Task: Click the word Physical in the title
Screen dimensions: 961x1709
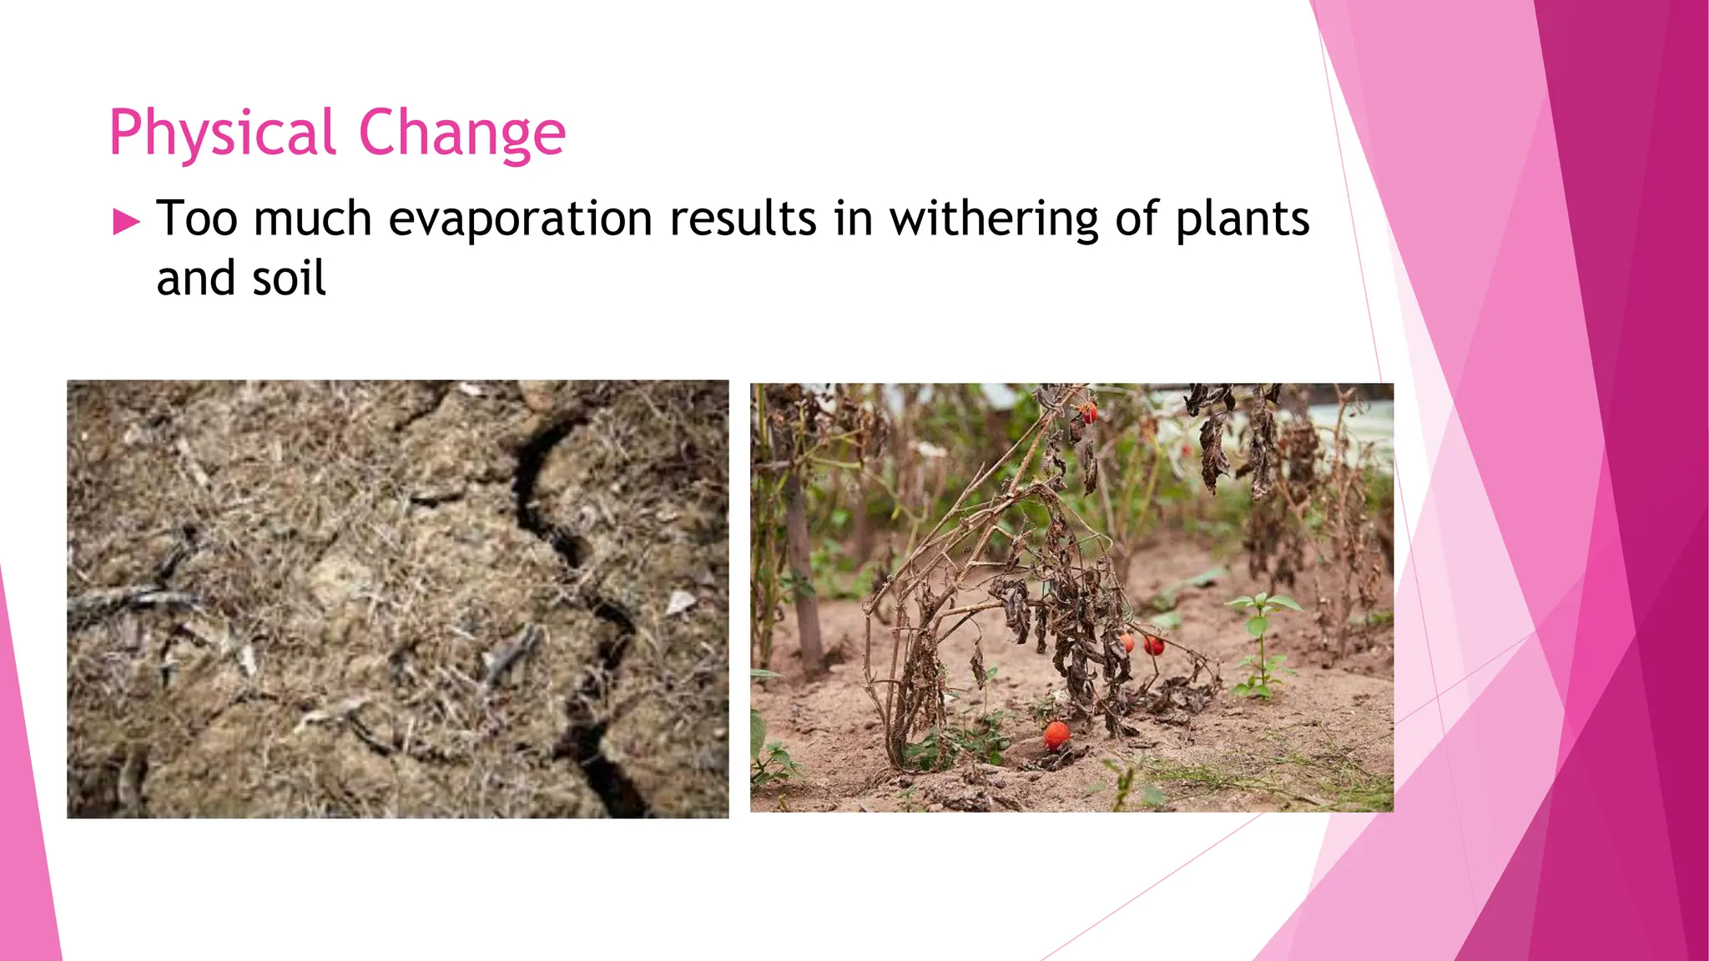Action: [222, 133]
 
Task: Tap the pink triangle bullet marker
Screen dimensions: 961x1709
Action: [127, 222]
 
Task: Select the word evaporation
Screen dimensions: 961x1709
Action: [520, 219]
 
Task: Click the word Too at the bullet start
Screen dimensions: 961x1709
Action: [197, 219]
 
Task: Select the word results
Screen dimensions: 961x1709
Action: [743, 219]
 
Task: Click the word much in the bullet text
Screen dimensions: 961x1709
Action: [312, 219]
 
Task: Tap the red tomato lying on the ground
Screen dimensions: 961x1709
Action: [1056, 735]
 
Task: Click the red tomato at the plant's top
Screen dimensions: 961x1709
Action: [1088, 411]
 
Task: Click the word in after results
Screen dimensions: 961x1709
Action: [853, 219]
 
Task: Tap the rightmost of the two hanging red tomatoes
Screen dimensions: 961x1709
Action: [1154, 645]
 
